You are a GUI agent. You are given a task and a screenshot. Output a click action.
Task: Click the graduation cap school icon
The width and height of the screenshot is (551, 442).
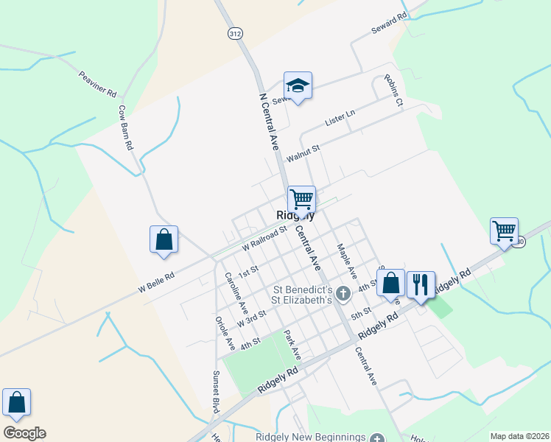[x=298, y=86]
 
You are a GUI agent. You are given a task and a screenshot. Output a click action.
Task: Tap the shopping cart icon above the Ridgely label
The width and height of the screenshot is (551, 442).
[x=301, y=199]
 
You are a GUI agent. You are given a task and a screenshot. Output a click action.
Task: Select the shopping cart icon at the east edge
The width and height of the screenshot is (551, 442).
[x=505, y=231]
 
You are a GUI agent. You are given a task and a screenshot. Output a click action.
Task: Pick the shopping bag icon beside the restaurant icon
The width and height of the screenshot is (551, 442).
[x=390, y=282]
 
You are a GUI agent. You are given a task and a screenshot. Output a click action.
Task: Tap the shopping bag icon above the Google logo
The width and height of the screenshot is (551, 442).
[x=16, y=402]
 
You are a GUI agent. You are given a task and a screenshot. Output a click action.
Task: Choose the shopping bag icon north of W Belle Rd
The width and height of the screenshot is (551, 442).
[x=164, y=239]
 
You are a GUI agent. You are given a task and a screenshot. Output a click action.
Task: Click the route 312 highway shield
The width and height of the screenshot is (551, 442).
[x=234, y=34]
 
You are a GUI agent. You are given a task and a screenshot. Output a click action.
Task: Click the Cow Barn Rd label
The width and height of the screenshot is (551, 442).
[x=124, y=127]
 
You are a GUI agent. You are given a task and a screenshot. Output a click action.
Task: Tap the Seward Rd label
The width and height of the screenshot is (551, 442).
[x=387, y=25]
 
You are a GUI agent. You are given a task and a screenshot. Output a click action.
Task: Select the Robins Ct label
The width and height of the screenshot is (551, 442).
[x=393, y=91]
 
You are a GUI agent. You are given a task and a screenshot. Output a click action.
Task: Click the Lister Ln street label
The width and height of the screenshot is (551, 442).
[x=340, y=117]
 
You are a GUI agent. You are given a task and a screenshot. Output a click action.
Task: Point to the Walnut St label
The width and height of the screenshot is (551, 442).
[x=303, y=152]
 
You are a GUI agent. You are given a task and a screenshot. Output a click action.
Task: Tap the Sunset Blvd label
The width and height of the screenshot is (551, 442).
[x=217, y=391]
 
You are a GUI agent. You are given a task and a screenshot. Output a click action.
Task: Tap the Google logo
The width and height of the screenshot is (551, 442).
[x=24, y=433]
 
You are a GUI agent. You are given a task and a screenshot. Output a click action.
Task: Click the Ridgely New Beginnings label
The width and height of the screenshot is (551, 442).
[x=310, y=437]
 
